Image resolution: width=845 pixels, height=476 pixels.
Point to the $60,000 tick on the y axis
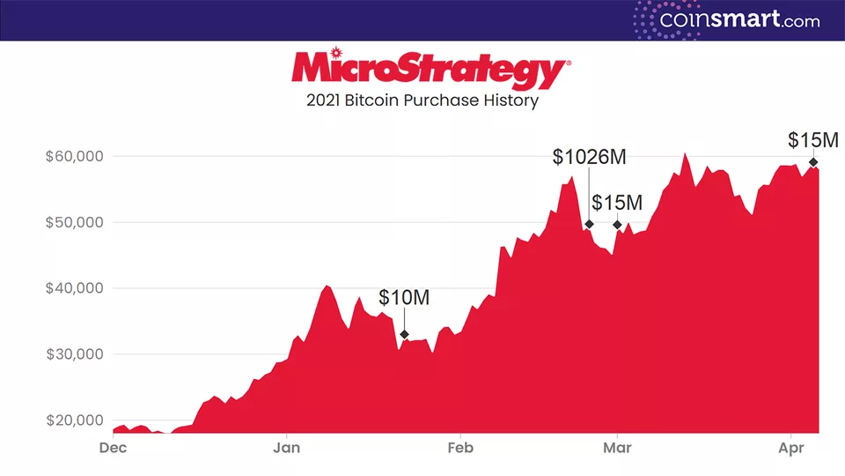75,157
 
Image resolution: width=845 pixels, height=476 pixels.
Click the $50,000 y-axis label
75,222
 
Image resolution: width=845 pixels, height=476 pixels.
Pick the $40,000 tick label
75,288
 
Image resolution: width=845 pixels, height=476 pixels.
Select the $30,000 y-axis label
75,354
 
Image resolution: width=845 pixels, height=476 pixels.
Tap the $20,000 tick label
75,420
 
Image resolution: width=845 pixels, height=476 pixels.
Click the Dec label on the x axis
114,448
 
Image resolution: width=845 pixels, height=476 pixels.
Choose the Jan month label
287,448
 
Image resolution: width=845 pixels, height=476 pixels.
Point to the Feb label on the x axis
460,448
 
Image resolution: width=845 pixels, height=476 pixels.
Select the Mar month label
617,448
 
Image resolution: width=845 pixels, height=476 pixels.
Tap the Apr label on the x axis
792,448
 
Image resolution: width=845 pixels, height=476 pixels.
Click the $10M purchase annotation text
404,298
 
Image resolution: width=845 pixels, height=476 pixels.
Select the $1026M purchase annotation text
590,157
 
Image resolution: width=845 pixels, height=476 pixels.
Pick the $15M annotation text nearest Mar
617,203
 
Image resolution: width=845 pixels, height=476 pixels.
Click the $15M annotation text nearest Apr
813,140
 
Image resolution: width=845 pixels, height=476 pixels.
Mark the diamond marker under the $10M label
404,334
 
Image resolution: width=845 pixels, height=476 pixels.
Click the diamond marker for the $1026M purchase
589,224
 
